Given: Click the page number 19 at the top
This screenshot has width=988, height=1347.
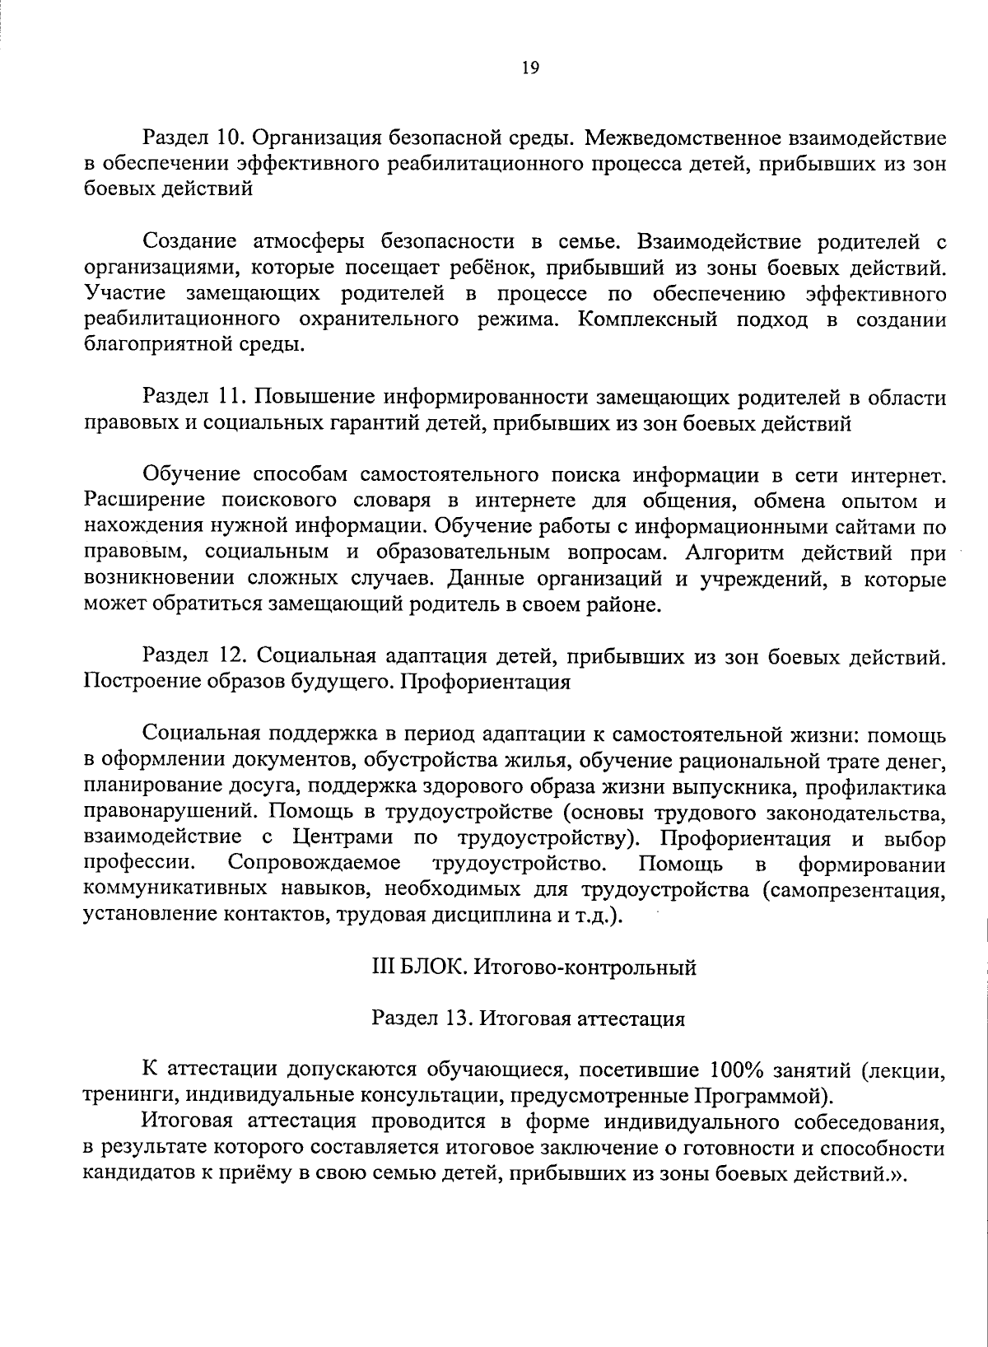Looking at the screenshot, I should click(x=529, y=69).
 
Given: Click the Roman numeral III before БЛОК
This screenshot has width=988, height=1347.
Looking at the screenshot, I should click(x=384, y=967).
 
